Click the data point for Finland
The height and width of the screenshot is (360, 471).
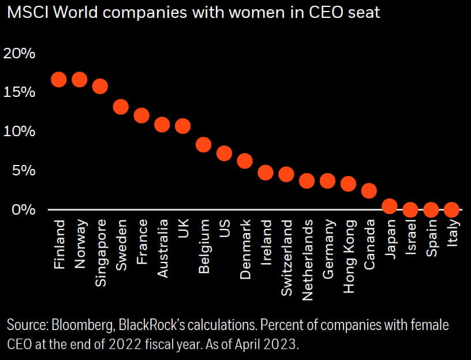point(59,80)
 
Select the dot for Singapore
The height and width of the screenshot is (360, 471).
point(100,86)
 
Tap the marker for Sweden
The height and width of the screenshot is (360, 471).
point(121,107)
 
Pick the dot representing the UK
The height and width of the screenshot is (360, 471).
point(182,126)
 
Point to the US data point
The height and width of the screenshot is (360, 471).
point(224,153)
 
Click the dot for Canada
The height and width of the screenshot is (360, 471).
point(369,190)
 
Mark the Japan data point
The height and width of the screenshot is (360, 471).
point(390,206)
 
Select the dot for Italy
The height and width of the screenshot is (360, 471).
point(452,209)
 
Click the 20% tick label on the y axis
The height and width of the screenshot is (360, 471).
point(20,54)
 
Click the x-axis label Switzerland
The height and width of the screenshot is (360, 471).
point(287,257)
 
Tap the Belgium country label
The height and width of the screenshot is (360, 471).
point(204,249)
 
